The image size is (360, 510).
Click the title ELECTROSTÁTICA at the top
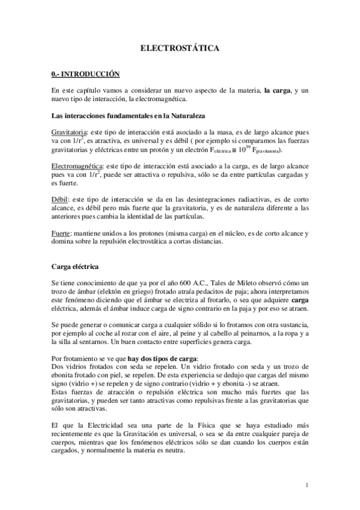180,46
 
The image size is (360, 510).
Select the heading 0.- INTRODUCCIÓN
85,74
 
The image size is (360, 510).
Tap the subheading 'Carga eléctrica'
75,265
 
